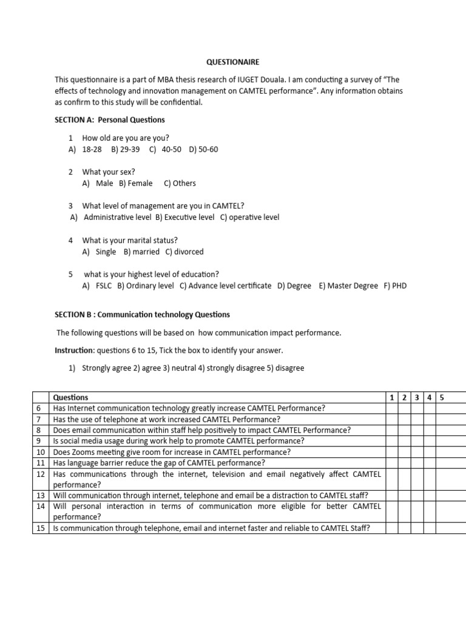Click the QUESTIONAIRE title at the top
[233, 62]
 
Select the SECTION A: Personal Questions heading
[110, 120]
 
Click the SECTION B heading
[142, 315]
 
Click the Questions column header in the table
[70, 397]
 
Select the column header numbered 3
[417, 397]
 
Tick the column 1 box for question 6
[392, 408]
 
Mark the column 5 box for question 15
[450, 528]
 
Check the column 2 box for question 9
[405, 441]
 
